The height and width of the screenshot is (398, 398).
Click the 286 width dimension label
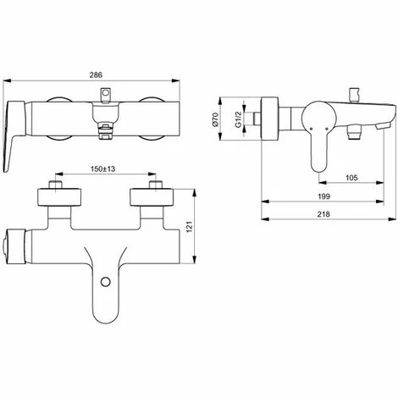pos(96,75)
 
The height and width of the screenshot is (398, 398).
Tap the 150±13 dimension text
pos(102,169)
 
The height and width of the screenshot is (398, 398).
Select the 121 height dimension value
pos(189,227)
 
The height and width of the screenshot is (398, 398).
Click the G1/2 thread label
pos(238,119)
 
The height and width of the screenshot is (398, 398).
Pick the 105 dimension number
pos(351,178)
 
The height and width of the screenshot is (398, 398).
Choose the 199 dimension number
pos(323,196)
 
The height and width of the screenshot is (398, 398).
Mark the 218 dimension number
pos(323,214)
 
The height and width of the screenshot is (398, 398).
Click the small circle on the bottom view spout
pos(106,281)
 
